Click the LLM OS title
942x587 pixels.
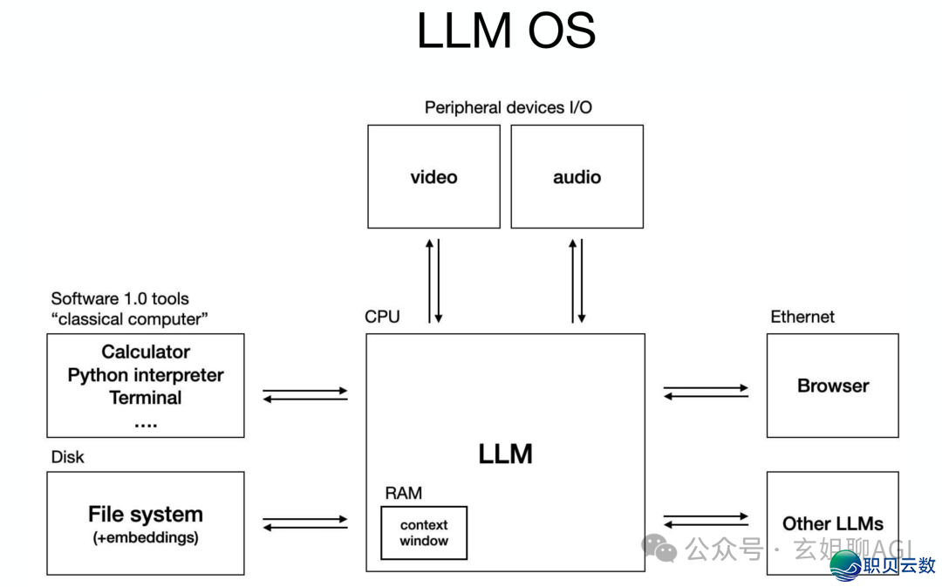506,31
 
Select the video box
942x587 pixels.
433,176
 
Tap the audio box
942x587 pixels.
577,176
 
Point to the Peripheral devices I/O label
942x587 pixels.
508,107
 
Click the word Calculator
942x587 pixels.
146,352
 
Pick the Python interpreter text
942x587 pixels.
146,375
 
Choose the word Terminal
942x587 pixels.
146,398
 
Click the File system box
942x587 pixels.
146,522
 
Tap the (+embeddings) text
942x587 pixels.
146,538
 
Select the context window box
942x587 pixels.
424,533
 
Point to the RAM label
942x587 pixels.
403,493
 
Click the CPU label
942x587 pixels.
382,317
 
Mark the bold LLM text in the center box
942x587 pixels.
505,454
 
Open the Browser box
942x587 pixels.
832,386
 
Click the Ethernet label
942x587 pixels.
802,317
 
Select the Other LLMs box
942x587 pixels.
832,523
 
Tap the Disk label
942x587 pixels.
68,457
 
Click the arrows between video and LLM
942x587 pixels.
433,280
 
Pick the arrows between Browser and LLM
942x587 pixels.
706,392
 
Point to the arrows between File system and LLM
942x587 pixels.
305,523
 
